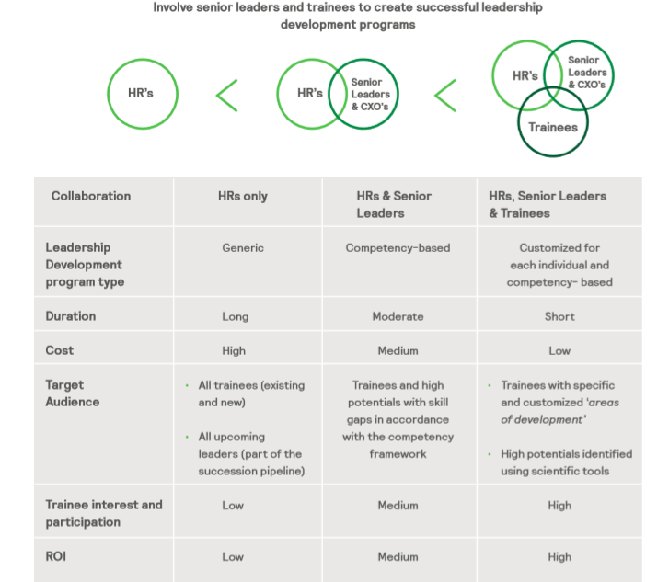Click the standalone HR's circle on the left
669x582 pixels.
click(141, 94)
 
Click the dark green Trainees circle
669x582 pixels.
click(553, 127)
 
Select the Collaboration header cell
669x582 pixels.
click(91, 196)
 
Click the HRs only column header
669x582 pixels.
click(243, 196)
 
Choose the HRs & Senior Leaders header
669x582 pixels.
click(394, 204)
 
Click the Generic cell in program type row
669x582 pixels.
click(243, 247)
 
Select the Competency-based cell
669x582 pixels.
click(398, 247)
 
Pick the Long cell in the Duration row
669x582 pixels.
click(235, 316)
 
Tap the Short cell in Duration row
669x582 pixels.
click(559, 316)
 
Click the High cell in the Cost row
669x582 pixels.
click(234, 350)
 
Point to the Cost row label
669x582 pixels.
click(60, 350)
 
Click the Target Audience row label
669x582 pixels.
click(73, 394)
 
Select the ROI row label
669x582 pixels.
click(57, 556)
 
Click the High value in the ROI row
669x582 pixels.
click(559, 556)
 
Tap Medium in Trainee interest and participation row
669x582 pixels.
click(398, 505)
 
